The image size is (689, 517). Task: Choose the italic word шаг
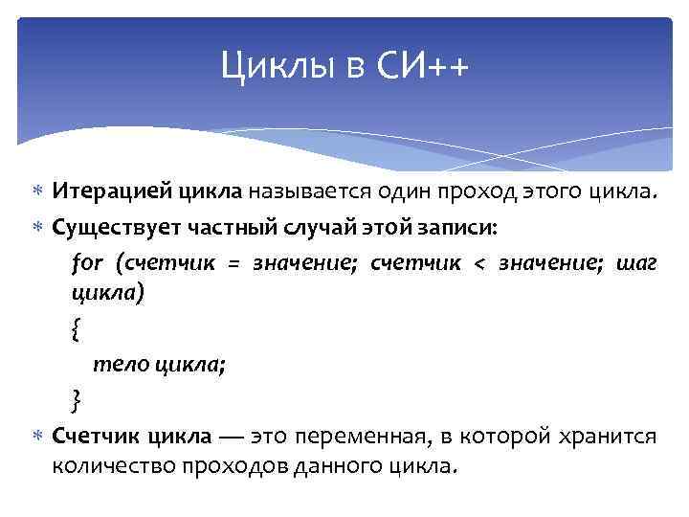[637, 263]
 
